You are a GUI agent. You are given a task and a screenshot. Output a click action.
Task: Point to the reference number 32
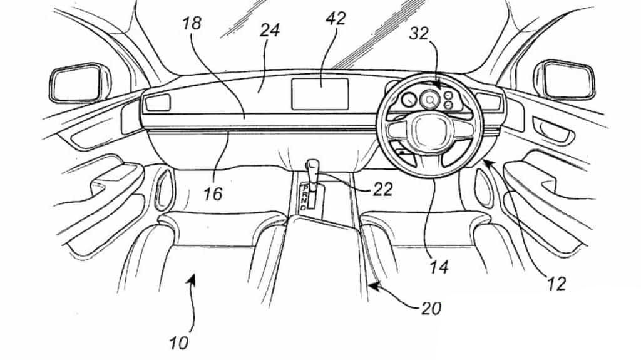[420, 34]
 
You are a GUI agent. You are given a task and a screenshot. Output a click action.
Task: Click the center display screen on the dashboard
[320, 94]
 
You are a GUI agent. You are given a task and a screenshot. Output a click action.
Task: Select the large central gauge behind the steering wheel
[430, 98]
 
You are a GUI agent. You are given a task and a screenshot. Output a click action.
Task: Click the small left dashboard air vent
[158, 103]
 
